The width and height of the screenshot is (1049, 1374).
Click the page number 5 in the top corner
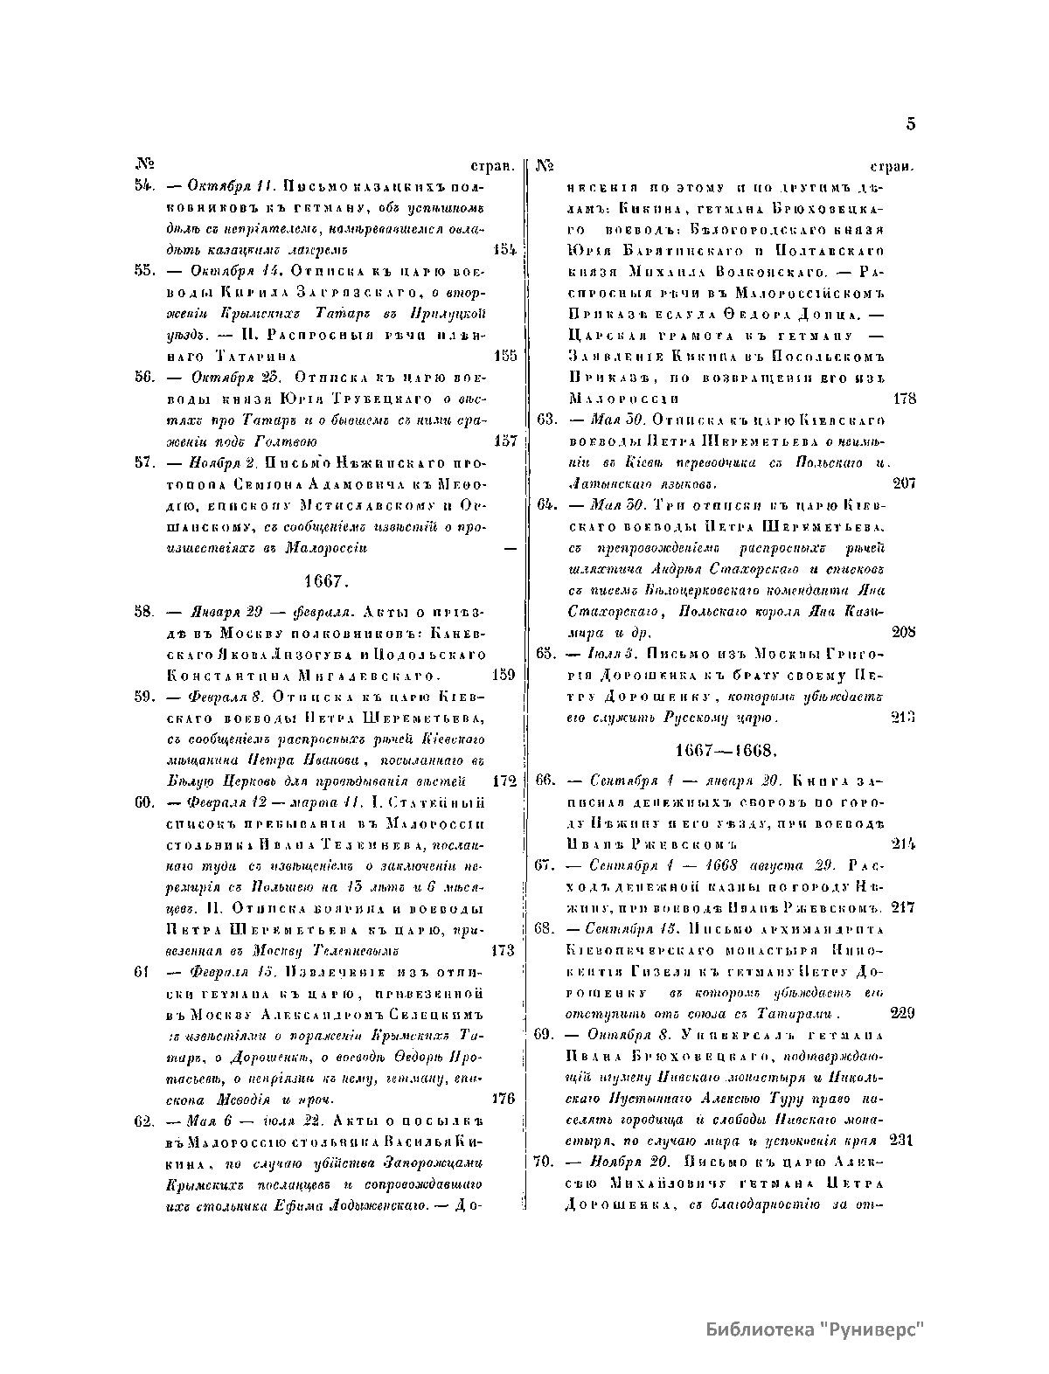pyautogui.click(x=910, y=124)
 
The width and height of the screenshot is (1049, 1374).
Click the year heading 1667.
pyautogui.click(x=327, y=581)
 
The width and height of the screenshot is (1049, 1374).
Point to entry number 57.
pyautogui.click(x=145, y=462)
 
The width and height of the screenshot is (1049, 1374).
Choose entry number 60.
pyautogui.click(x=145, y=802)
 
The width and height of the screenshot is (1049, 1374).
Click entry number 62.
pyautogui.click(x=145, y=1121)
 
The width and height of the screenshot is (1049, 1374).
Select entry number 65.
pyautogui.click(x=547, y=653)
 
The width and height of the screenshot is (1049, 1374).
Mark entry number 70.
pyautogui.click(x=547, y=1162)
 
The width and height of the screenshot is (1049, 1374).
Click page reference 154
pyautogui.click(x=505, y=250)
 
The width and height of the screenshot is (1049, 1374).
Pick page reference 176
pyautogui.click(x=505, y=1099)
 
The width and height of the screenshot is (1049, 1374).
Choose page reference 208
pyautogui.click(x=904, y=631)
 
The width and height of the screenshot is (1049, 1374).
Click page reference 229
pyautogui.click(x=902, y=1013)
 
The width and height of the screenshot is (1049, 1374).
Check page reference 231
pyautogui.click(x=902, y=1140)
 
